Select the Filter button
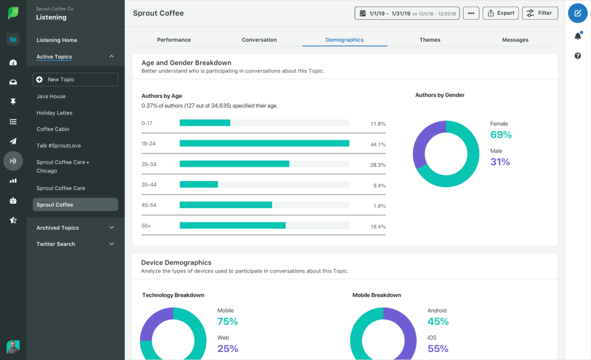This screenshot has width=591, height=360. [x=540, y=13]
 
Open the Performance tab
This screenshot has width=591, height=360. [x=174, y=40]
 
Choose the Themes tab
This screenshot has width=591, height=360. [x=430, y=40]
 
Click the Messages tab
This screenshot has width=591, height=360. [x=515, y=40]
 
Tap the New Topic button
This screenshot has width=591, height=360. [x=75, y=79]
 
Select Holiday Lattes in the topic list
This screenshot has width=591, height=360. [x=54, y=113]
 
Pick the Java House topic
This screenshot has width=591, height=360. [x=51, y=97]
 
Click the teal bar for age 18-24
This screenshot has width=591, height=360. [x=264, y=143]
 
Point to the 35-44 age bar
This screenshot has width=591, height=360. [x=199, y=184]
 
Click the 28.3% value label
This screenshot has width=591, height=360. [x=377, y=165]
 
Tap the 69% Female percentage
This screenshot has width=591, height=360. [x=501, y=135]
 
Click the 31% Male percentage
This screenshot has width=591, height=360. [x=500, y=162]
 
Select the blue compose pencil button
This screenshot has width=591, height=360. [x=577, y=13]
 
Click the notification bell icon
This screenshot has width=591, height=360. [x=577, y=36]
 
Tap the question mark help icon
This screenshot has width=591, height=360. [x=577, y=56]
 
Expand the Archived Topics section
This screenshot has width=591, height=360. [x=75, y=228]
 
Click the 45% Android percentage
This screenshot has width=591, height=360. [x=438, y=321]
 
